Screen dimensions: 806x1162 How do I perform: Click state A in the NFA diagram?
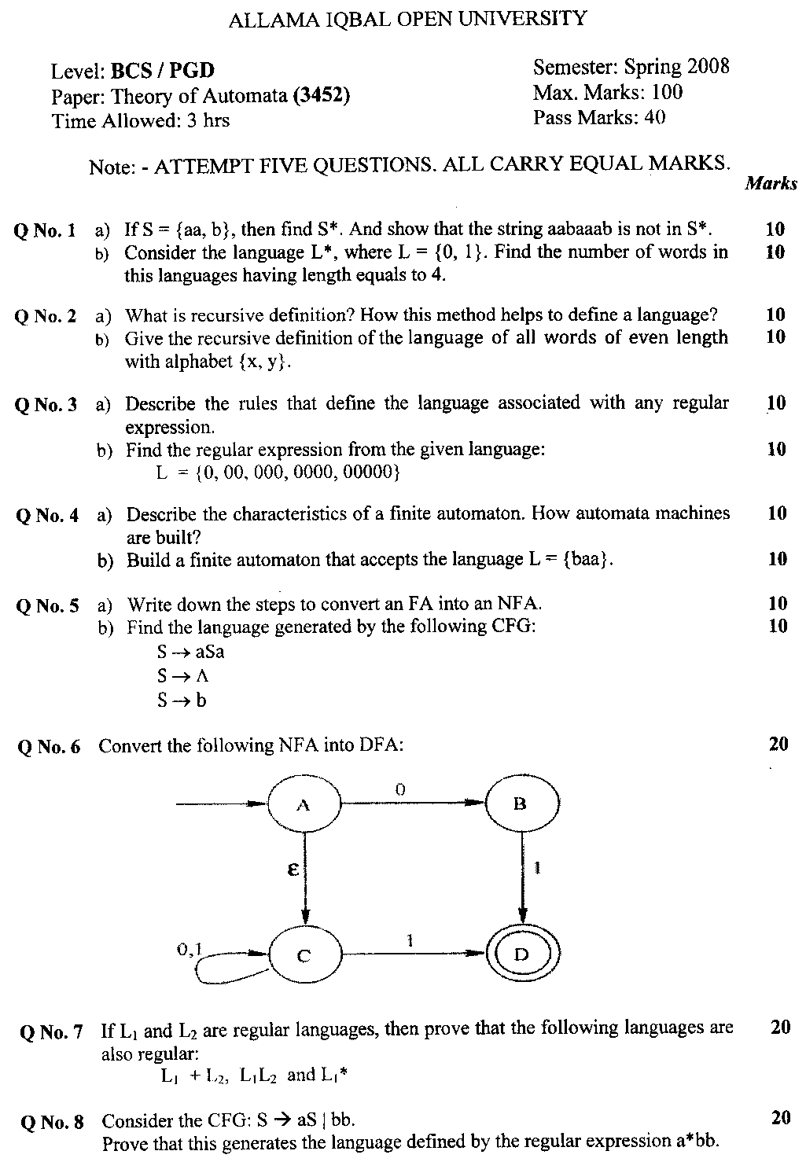[304, 804]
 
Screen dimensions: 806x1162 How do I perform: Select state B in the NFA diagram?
[521, 803]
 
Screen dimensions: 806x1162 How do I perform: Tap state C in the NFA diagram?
[305, 955]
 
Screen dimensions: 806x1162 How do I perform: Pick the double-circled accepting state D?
[522, 954]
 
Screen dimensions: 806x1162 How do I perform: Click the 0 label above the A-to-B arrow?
[399, 789]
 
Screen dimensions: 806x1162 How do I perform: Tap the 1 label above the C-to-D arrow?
[410, 940]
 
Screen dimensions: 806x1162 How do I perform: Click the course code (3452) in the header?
[322, 96]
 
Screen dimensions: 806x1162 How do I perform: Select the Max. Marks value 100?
[667, 92]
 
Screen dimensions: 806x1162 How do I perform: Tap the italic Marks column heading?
[771, 183]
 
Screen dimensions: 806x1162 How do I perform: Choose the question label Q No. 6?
[50, 746]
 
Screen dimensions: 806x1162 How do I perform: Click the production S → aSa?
[190, 652]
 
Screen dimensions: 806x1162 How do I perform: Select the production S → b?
[182, 701]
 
